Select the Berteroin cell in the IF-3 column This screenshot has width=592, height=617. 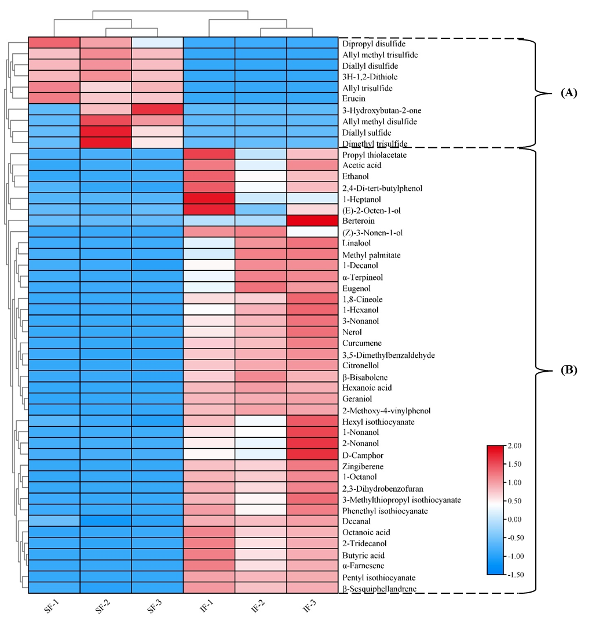(x=312, y=220)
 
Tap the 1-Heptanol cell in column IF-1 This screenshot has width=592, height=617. (x=209, y=198)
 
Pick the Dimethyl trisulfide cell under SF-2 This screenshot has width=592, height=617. (x=106, y=143)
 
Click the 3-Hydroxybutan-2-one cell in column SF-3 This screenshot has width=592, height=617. (x=158, y=110)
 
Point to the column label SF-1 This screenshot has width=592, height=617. (x=52, y=607)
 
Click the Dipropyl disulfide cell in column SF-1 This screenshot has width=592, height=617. (x=54, y=43)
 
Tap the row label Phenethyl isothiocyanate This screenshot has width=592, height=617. (x=385, y=511)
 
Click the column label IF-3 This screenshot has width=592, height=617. (x=309, y=607)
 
